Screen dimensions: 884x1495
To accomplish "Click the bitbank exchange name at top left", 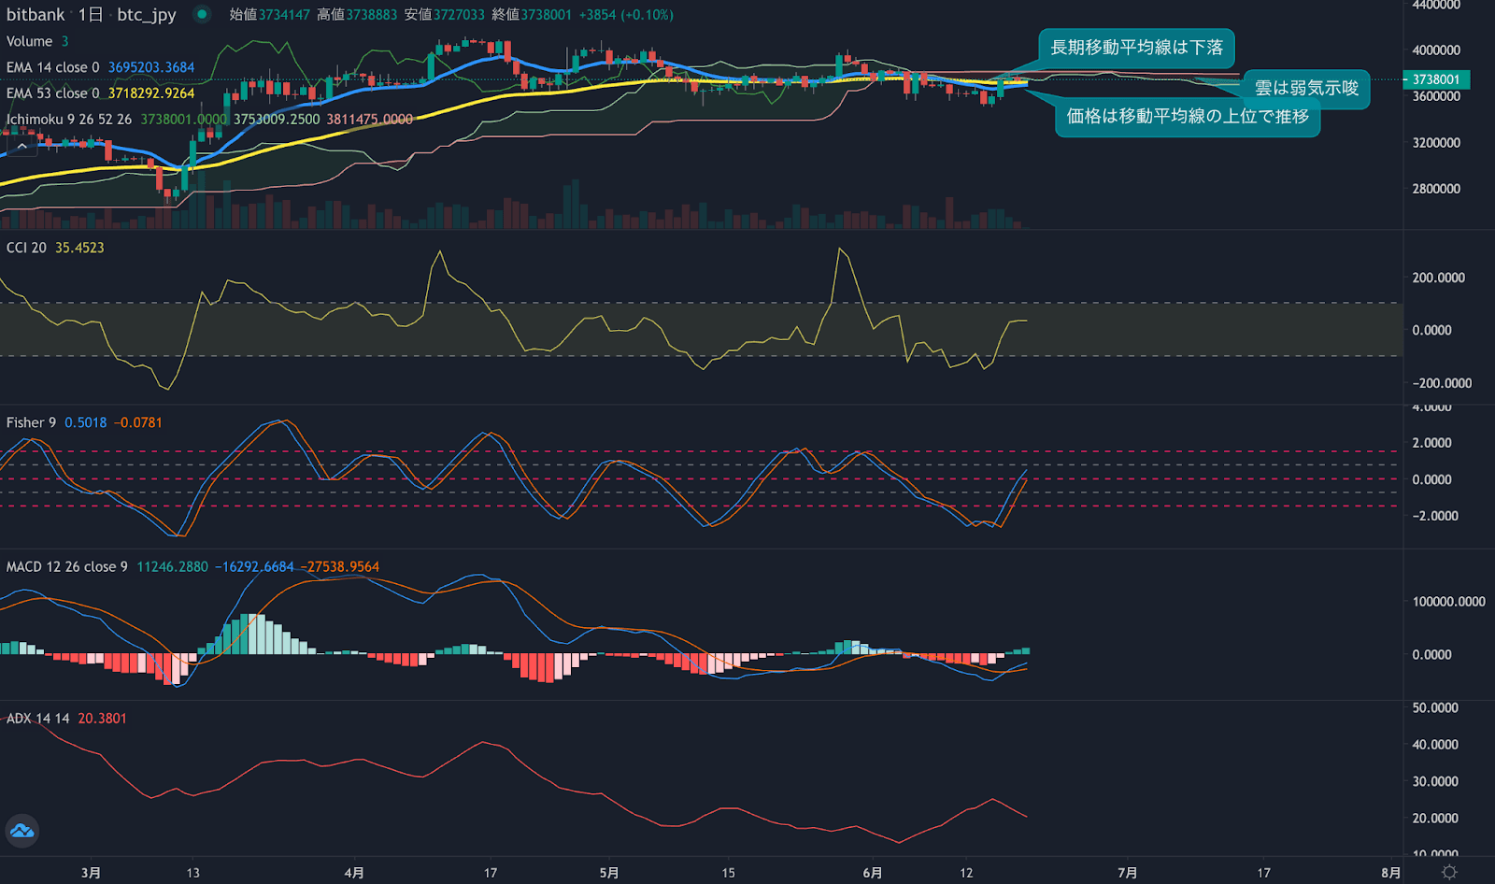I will tap(36, 15).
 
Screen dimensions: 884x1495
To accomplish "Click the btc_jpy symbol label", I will tap(147, 15).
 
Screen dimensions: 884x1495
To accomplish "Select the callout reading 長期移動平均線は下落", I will tap(1136, 48).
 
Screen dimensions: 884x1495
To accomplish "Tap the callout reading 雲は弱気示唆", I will tap(1305, 89).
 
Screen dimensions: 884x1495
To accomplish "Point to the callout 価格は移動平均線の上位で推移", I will tap(1188, 117).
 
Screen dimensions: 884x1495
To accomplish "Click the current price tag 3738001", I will tap(1436, 79).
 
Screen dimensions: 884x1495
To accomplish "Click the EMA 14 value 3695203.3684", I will tap(151, 67).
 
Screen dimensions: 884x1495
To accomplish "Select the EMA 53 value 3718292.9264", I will tap(151, 93).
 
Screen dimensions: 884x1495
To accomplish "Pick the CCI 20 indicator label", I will tap(26, 248).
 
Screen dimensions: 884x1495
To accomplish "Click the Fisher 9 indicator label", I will tap(31, 422).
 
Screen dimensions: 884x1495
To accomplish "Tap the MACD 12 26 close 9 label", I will tap(66, 566).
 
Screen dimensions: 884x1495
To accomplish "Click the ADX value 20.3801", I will tap(102, 719).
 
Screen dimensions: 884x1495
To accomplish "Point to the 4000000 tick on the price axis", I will tap(1436, 50).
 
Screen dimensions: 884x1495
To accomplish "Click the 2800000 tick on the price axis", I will tap(1436, 189).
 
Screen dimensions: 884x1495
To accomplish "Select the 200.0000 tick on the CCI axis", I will tap(1439, 278).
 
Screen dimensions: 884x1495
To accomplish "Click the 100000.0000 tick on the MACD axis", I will tap(1448, 602).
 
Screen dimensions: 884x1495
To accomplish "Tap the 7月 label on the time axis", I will tap(1128, 873).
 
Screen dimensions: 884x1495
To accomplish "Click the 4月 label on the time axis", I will tap(354, 873).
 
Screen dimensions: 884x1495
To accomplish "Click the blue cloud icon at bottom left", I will tap(21, 831).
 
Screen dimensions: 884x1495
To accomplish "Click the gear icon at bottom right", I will tap(1449, 872).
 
